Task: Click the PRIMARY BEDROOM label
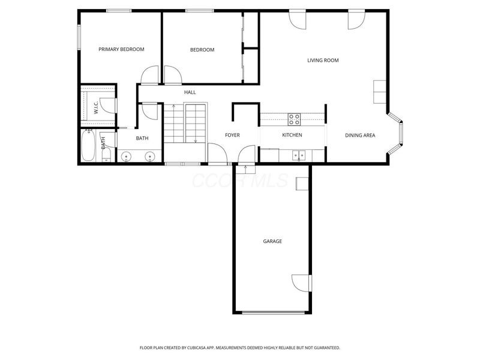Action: (x=121, y=49)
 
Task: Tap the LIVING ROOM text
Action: (x=323, y=60)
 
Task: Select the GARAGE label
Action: (x=272, y=241)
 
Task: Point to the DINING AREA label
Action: (x=360, y=135)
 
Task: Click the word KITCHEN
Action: (x=292, y=135)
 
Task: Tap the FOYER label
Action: (x=232, y=135)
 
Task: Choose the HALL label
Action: (x=190, y=92)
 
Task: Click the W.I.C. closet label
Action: (x=96, y=108)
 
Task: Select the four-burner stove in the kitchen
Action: (x=294, y=119)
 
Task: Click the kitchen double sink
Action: (x=298, y=156)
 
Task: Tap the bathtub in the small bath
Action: (x=88, y=146)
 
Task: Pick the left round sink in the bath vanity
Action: (x=126, y=157)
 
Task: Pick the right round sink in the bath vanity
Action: (x=150, y=157)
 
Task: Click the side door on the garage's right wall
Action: (x=302, y=282)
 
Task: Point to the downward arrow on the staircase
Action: (x=196, y=140)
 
